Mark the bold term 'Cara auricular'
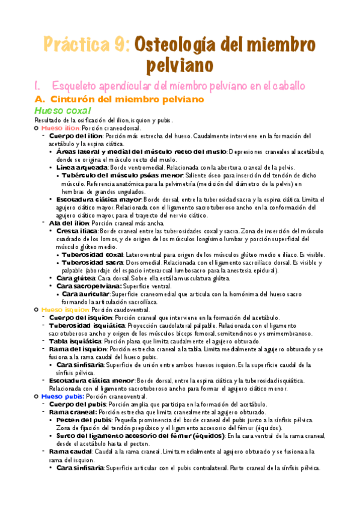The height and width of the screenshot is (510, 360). [x=90, y=293]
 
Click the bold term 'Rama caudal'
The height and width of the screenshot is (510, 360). [x=67, y=452]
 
